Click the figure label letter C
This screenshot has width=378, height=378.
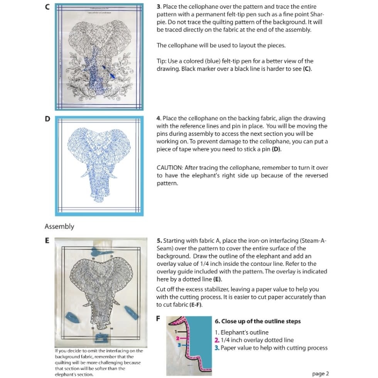(47, 7)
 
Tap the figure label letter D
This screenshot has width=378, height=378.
(47, 119)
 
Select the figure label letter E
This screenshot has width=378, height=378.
(47, 240)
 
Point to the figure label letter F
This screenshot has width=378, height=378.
(158, 319)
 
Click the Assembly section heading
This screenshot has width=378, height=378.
(59, 226)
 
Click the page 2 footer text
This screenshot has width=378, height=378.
(320, 373)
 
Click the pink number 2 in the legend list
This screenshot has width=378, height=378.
(217, 340)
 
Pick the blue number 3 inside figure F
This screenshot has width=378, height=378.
(179, 344)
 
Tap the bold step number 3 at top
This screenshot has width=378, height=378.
(159, 7)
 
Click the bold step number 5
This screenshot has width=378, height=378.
(159, 241)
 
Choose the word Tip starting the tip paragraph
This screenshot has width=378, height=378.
(161, 61)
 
